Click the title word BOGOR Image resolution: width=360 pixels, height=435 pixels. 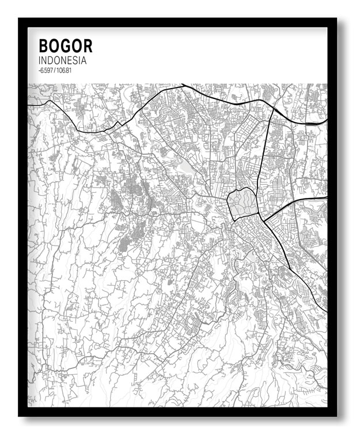(x=65, y=46)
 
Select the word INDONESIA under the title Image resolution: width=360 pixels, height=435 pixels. (x=62, y=60)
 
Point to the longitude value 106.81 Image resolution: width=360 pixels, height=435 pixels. (x=64, y=70)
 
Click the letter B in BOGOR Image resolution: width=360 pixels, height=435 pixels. (x=43, y=46)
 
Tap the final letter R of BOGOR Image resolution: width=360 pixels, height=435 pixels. (x=87, y=46)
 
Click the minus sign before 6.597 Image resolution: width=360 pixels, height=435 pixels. (x=39, y=70)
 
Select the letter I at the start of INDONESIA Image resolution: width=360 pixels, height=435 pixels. (x=39, y=60)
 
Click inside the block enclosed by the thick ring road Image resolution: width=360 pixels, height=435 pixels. (x=242, y=203)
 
